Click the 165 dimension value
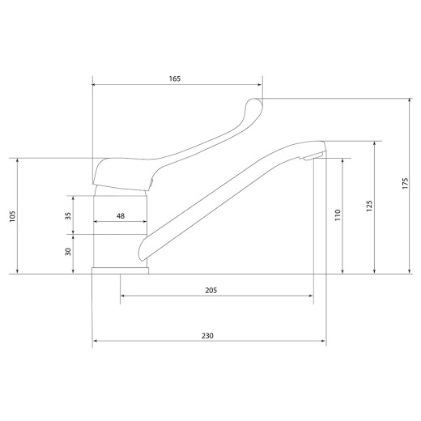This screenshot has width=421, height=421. (175, 79)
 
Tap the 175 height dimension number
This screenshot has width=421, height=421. (405, 183)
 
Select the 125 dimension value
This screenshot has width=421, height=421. (369, 206)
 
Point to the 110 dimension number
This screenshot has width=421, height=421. (338, 215)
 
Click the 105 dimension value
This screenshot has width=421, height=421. (12, 216)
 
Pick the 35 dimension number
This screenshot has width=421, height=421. (68, 216)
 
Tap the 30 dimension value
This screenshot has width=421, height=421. (68, 252)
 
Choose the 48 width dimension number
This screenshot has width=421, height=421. (121, 216)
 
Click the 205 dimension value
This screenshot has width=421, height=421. (211, 291)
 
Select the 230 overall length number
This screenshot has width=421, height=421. (207, 336)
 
